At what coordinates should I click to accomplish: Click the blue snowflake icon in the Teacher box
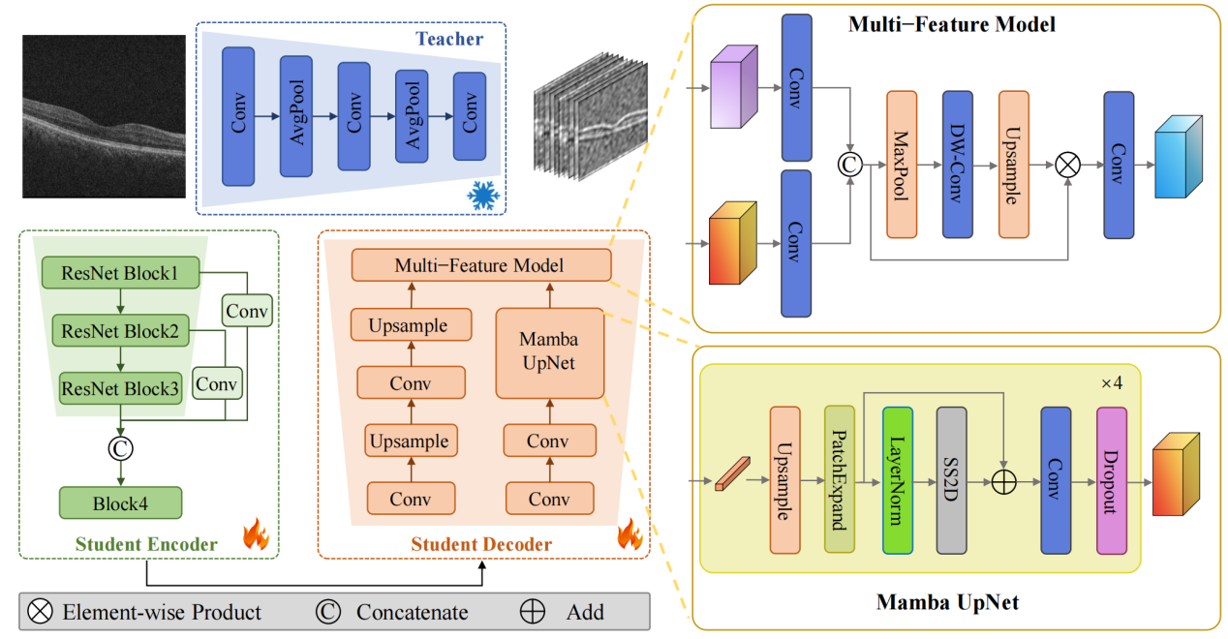pos(483,196)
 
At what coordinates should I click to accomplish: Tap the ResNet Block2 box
pos(121,330)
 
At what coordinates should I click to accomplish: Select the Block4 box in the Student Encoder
pos(121,502)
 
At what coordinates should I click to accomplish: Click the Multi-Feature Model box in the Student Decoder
pos(481,265)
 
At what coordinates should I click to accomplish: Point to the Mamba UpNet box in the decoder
pos(550,353)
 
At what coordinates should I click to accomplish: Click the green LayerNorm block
pos(898,480)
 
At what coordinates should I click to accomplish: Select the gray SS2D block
pos(951,480)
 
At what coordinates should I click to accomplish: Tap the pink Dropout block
pos(1112,480)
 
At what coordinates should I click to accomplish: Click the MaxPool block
pos(902,165)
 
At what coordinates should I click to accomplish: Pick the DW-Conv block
pos(958,165)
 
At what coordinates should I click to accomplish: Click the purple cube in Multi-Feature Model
pos(733,86)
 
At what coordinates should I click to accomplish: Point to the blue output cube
pos(1179,157)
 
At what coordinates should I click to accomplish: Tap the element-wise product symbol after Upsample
pos(1068,165)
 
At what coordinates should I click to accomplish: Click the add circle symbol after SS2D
pos(1003,482)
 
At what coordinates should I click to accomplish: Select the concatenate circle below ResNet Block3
pos(121,448)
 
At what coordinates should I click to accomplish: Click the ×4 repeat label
pos(1112,383)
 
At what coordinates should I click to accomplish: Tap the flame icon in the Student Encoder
pos(257,534)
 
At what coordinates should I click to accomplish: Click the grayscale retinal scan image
pos(104,116)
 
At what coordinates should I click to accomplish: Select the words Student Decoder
pos(481,544)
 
